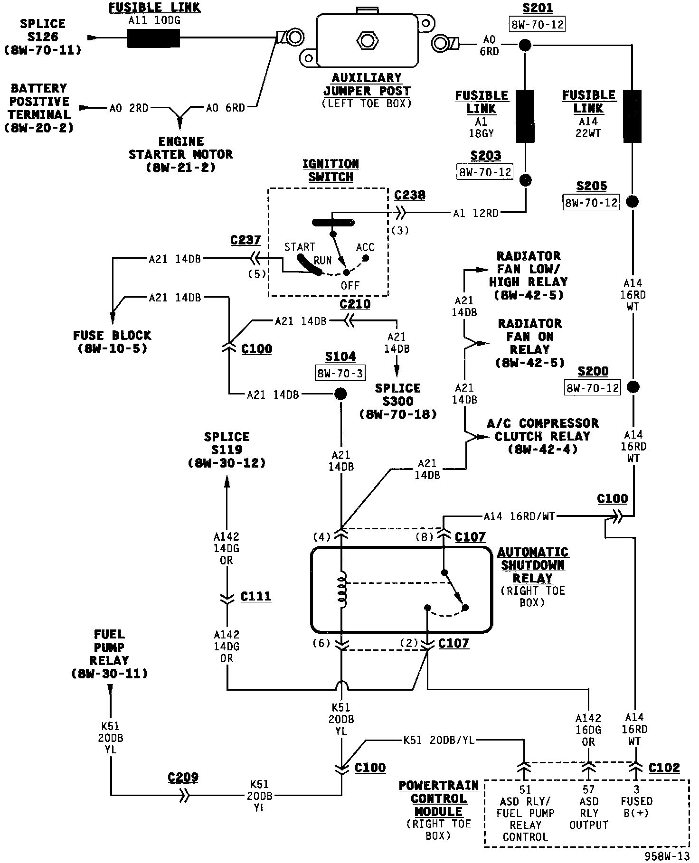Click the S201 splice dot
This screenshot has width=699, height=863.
pyautogui.click(x=525, y=45)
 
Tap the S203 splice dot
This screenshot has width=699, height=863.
pyautogui.click(x=525, y=180)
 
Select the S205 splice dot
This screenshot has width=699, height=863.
pyautogui.click(x=632, y=201)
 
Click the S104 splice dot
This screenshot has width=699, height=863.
pyautogui.click(x=340, y=394)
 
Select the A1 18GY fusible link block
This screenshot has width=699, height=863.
pyautogui.click(x=525, y=116)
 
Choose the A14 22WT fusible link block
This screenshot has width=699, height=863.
pyautogui.click(x=632, y=116)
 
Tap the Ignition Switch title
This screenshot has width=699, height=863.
pyautogui.click(x=331, y=170)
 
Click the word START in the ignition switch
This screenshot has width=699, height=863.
pyautogui.click(x=300, y=247)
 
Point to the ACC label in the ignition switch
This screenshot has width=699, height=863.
pyautogui.click(x=365, y=247)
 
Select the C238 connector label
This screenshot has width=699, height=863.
pyautogui.click(x=409, y=195)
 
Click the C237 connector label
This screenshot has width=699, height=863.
pyautogui.click(x=245, y=240)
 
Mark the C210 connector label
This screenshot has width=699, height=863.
pyautogui.click(x=355, y=304)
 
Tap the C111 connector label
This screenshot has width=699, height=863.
pyautogui.click(x=255, y=596)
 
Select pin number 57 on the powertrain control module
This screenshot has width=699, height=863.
pyautogui.click(x=589, y=789)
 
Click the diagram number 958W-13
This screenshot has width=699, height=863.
pyautogui.click(x=667, y=855)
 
